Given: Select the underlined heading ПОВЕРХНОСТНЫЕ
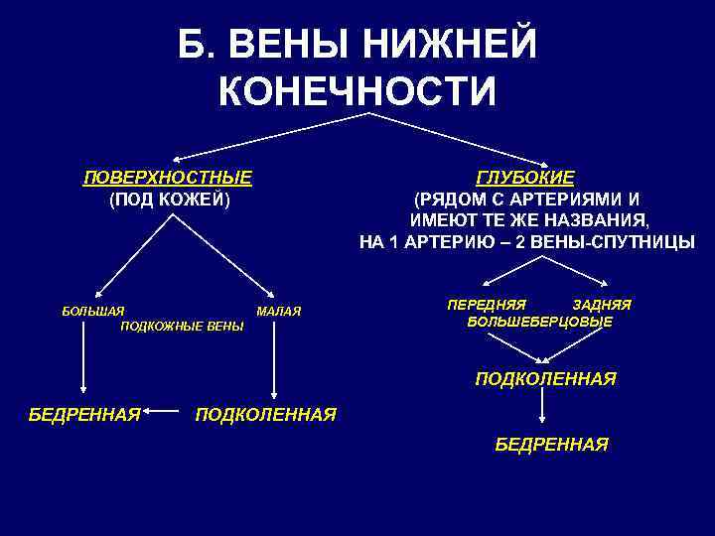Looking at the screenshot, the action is tap(167, 179).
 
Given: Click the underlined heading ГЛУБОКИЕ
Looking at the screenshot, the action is tap(525, 179).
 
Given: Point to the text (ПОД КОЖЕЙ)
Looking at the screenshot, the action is tap(169, 200).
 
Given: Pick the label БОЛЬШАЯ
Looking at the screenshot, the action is tap(93, 312).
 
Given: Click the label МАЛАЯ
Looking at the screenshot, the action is tap(278, 312).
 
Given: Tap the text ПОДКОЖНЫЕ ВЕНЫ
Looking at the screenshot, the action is tap(181, 326).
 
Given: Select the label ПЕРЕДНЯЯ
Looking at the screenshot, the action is tap(487, 305).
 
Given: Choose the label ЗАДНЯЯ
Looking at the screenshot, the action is tap(602, 305).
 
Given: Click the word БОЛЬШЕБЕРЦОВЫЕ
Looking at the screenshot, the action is tap(539, 322).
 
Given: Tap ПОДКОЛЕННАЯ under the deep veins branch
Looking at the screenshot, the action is tap(545, 379).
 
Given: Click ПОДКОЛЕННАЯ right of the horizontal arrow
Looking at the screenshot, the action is tap(266, 413).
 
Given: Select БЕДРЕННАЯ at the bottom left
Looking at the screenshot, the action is tap(83, 413).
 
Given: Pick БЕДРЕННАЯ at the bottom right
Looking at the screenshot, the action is tap(551, 445).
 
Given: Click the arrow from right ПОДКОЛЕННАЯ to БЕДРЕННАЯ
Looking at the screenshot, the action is tap(541, 411).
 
